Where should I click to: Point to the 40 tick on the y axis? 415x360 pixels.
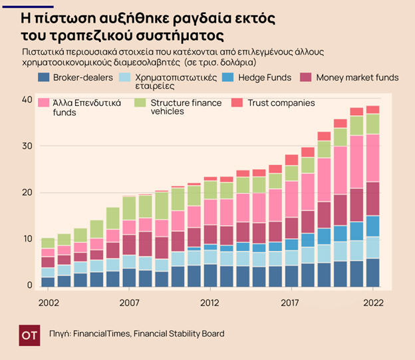coord(27,100)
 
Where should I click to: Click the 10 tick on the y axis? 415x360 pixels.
coord(27,239)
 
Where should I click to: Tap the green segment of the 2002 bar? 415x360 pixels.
coord(48,243)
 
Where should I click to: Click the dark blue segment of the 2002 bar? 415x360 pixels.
coord(48,281)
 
